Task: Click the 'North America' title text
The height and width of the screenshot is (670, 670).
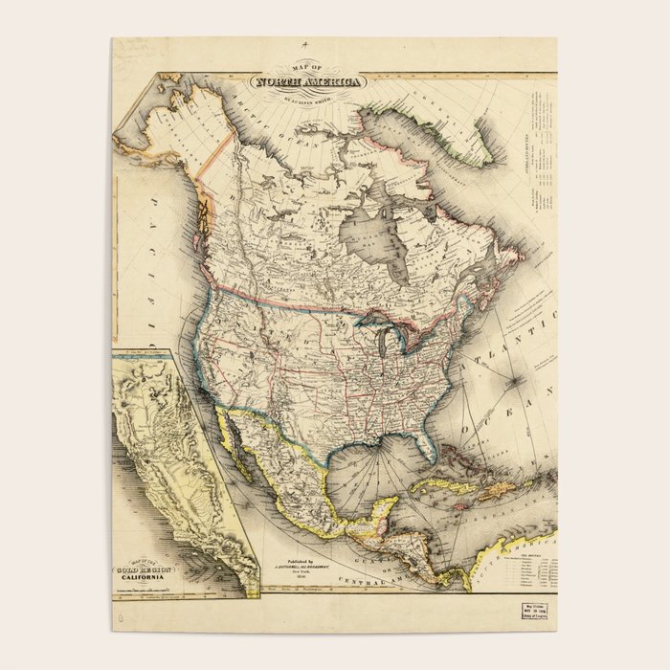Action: pyautogui.click(x=308, y=82)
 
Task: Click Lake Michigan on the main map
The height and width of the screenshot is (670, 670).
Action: pyautogui.click(x=382, y=345)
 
